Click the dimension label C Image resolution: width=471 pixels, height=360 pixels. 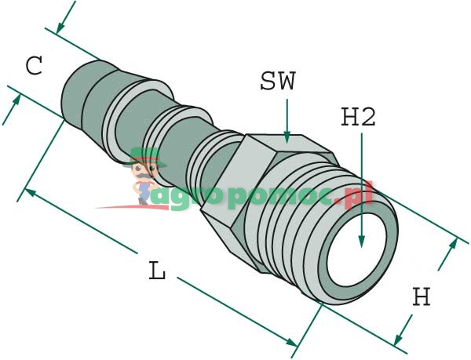click(x=34, y=66)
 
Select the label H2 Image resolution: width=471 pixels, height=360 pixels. click(x=359, y=117)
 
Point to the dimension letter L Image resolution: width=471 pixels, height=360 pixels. click(x=158, y=271)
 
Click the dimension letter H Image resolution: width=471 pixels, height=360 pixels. click(x=422, y=297)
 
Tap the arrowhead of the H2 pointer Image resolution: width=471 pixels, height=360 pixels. click(x=360, y=244)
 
